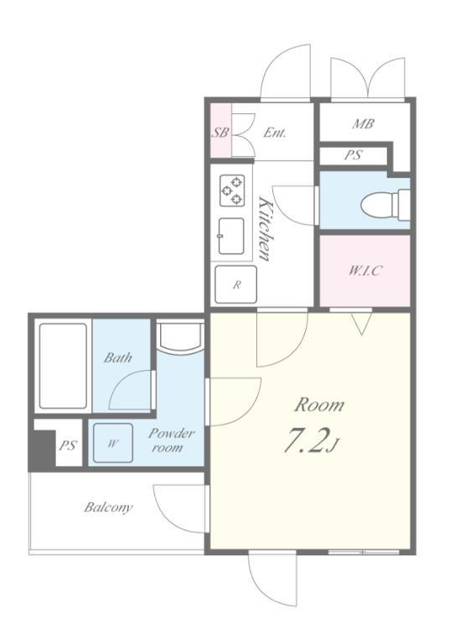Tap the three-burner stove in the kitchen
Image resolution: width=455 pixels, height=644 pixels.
pyautogui.click(x=232, y=190)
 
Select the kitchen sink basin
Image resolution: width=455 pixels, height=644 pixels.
pyautogui.click(x=231, y=236)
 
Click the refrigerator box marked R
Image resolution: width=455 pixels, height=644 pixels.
pyautogui.click(x=236, y=284)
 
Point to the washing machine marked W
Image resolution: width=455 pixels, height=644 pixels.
pyautogui.click(x=113, y=443)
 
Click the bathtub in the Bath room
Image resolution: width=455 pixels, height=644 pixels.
pyautogui.click(x=63, y=366)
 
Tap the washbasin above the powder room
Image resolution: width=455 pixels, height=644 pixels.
pyautogui.click(x=180, y=337)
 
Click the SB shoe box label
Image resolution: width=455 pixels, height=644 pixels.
pyautogui.click(x=220, y=132)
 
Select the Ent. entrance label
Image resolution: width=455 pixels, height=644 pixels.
pyautogui.click(x=275, y=132)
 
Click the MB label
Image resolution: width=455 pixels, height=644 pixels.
pyautogui.click(x=363, y=123)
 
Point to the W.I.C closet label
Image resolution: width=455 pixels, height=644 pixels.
pyautogui.click(x=365, y=270)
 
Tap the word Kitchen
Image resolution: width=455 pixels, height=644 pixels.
pyautogui.click(x=266, y=228)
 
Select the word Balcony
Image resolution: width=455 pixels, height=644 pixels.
pyautogui.click(x=108, y=507)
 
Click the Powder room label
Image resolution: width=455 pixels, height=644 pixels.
pyautogui.click(x=172, y=440)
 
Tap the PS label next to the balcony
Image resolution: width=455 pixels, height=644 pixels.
pyautogui.click(x=68, y=445)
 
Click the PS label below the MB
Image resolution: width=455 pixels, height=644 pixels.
pyautogui.click(x=353, y=155)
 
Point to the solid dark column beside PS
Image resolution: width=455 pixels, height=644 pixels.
pyautogui.click(x=42, y=449)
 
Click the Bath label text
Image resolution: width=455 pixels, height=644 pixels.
pyautogui.click(x=118, y=357)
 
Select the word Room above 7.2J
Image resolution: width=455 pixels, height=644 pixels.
pyautogui.click(x=319, y=405)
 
